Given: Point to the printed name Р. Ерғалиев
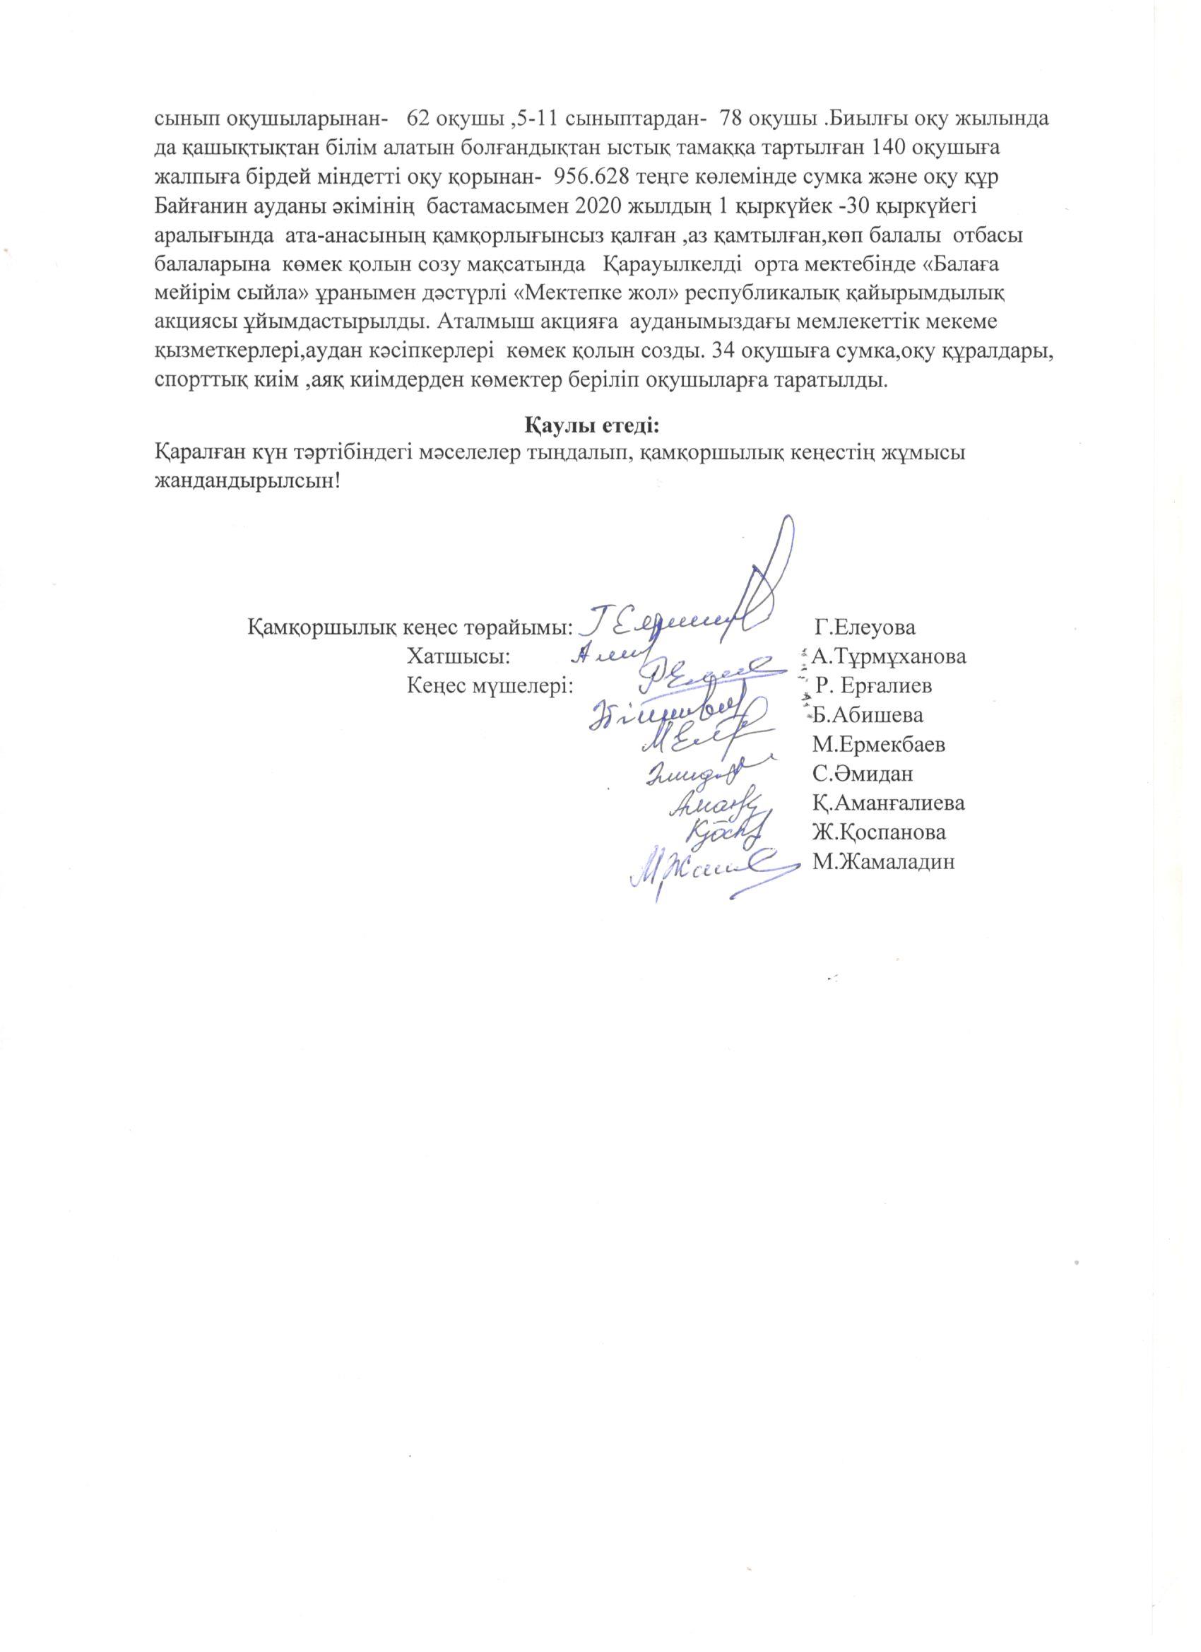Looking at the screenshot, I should (873, 686).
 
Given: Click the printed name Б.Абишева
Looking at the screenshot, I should (868, 715).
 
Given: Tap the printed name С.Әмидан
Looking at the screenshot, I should (863, 774).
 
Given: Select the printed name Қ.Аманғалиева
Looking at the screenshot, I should (888, 803).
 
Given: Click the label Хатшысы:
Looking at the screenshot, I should (457, 657).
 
